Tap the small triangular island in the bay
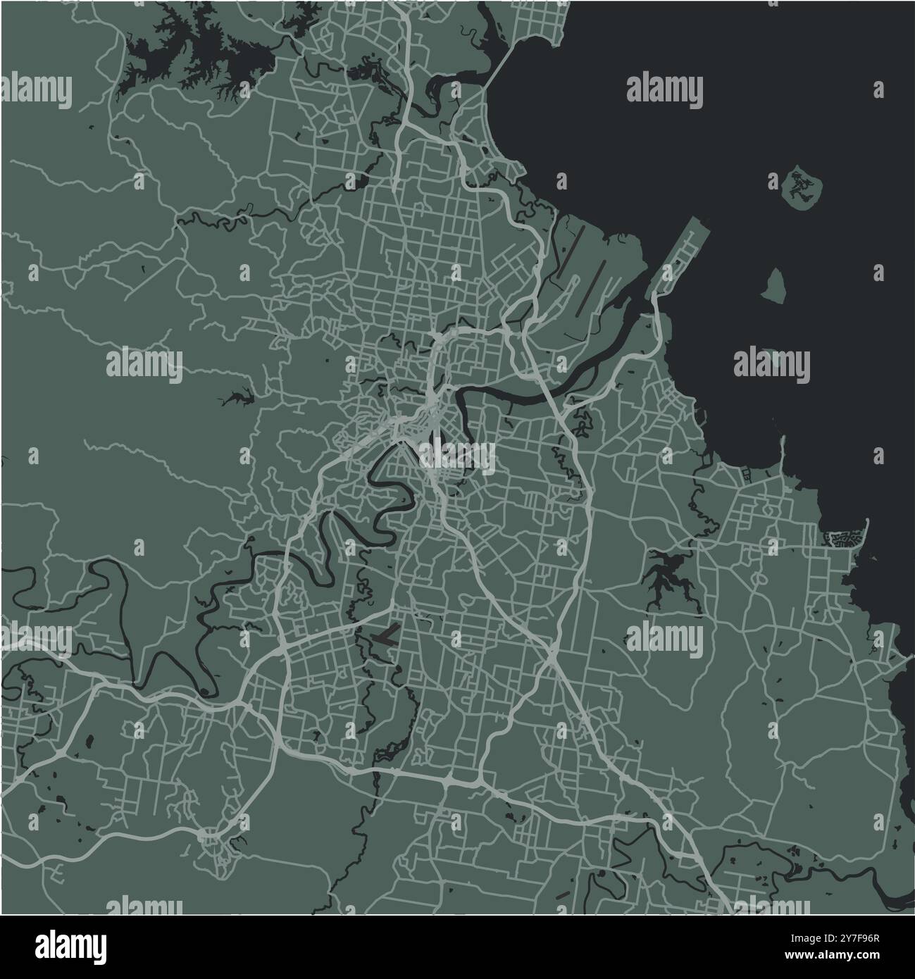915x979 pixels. pyautogui.click(x=773, y=286)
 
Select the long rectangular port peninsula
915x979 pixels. pyautogui.click(x=677, y=256)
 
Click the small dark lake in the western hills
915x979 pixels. pyautogui.click(x=237, y=399)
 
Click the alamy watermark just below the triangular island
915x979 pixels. pyautogui.click(x=772, y=365)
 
